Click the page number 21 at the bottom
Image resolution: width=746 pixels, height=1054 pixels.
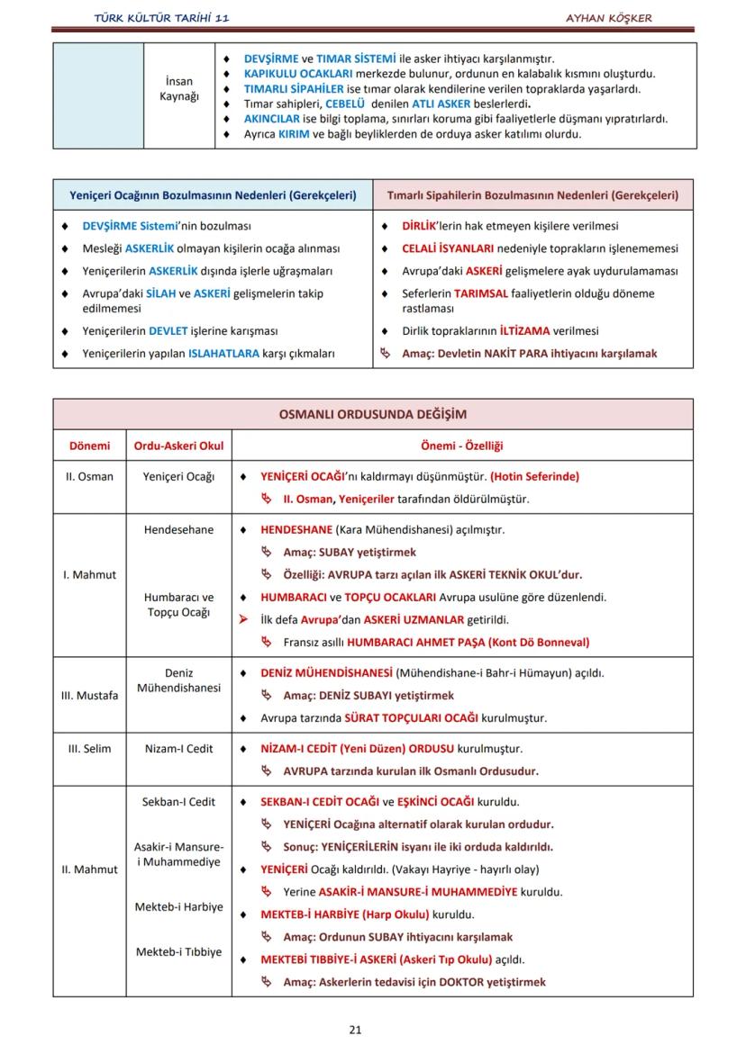coord(355,1030)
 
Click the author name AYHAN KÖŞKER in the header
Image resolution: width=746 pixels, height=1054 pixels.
coord(609,18)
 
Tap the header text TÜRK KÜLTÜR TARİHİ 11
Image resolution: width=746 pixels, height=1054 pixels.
coord(161,18)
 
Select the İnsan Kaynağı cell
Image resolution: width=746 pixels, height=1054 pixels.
coord(179,88)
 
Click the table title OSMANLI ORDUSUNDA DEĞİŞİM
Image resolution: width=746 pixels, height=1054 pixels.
coord(372,415)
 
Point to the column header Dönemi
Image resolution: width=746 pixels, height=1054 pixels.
coord(89,446)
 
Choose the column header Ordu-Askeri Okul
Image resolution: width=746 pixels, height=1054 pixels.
coord(179,446)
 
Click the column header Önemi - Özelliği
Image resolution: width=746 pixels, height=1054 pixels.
coord(461,446)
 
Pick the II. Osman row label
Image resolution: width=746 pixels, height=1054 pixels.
coord(89,476)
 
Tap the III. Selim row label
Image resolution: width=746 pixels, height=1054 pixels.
coord(89,748)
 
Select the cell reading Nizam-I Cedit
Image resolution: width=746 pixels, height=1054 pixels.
coord(179,748)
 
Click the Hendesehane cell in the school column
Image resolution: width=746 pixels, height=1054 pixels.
coord(179,529)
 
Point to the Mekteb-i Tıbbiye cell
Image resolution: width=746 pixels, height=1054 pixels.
coord(179,951)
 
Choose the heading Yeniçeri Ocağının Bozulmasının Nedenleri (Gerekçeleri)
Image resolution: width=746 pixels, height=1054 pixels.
coord(213,194)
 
